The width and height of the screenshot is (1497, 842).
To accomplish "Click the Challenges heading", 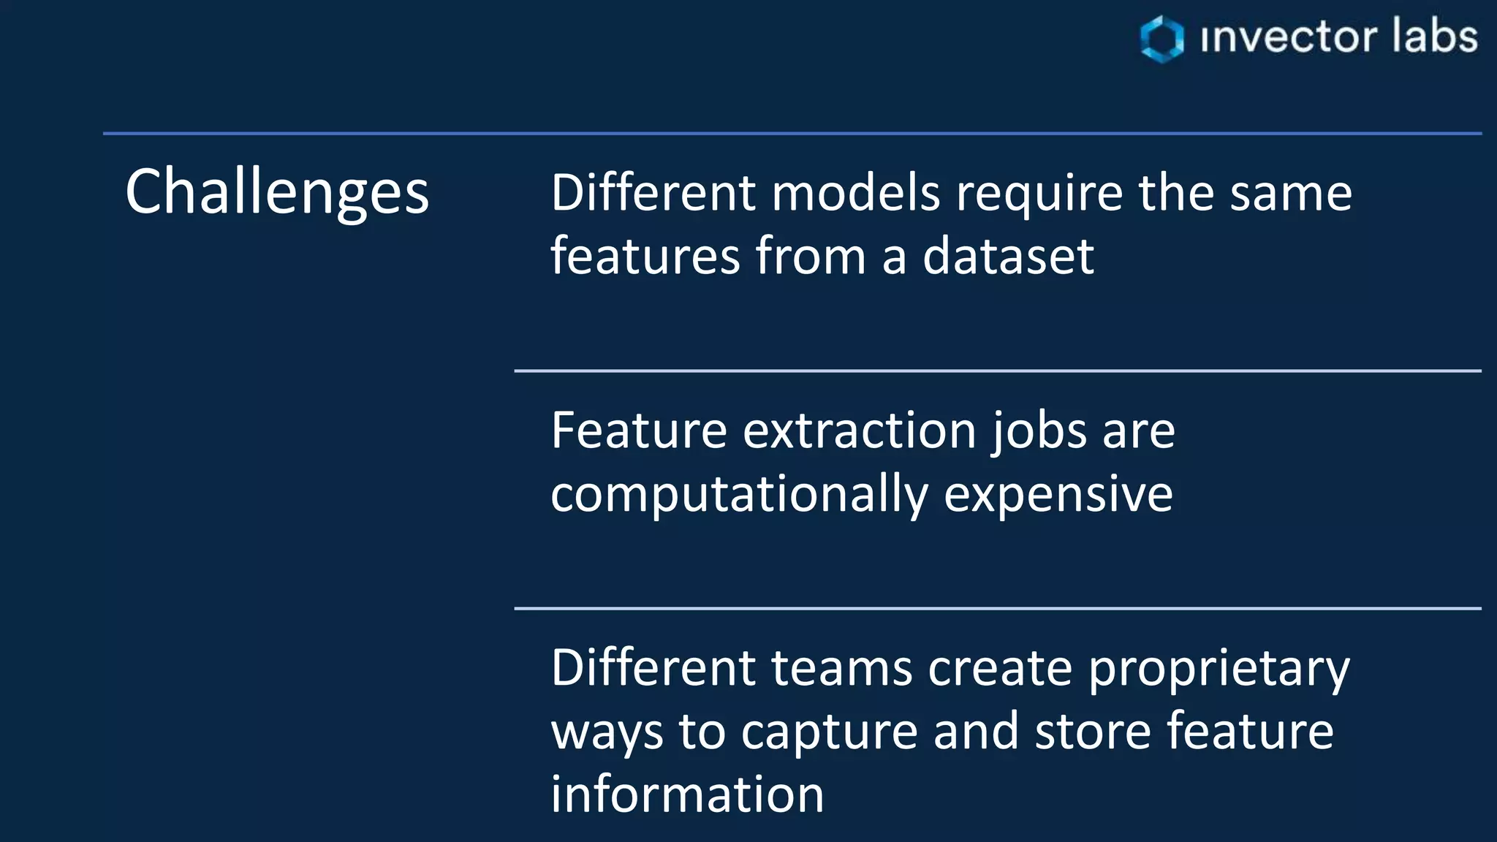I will tap(277, 192).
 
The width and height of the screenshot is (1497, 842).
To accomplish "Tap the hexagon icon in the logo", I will tap(1161, 39).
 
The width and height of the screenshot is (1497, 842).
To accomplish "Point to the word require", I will tap(1039, 194).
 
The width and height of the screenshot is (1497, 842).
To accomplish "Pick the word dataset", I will tap(1008, 257).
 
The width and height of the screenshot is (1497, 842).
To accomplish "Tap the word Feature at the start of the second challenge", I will tap(639, 431).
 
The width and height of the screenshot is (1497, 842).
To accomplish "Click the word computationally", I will tap(739, 495).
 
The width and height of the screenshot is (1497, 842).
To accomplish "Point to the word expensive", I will tap(1058, 495).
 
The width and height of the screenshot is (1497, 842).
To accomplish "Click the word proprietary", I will tap(1219, 670).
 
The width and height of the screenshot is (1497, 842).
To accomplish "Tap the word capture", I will tap(829, 732).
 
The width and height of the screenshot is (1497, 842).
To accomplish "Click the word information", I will tap(687, 794).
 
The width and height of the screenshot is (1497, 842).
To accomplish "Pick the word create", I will tap(1000, 668).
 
